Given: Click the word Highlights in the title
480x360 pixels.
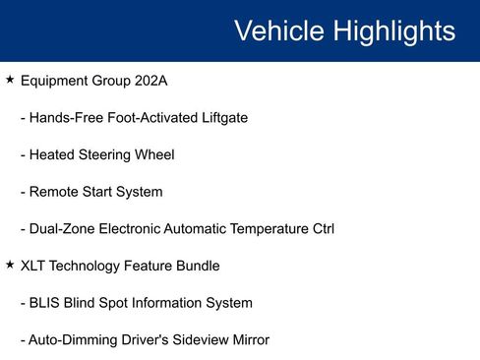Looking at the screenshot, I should [394, 31].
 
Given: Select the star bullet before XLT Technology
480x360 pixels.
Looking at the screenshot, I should [9, 266].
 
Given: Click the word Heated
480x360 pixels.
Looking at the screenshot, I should [53, 154].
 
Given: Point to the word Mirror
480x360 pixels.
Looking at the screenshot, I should [247, 340].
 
